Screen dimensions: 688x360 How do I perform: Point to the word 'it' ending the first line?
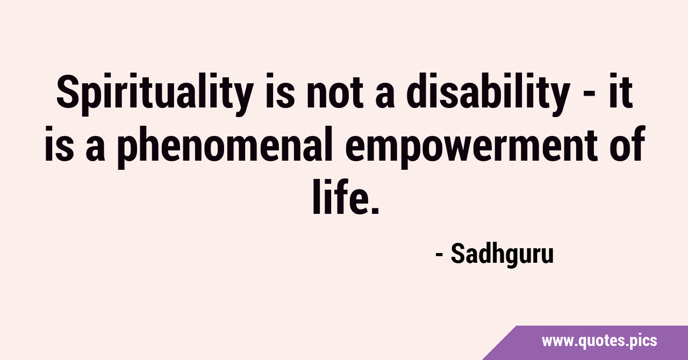pyautogui.click(x=621, y=91)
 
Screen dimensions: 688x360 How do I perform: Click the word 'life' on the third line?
pyautogui.click(x=339, y=196)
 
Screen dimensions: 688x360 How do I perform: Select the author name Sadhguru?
pyautogui.click(x=502, y=254)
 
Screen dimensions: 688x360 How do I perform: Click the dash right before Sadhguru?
pyautogui.click(x=439, y=255)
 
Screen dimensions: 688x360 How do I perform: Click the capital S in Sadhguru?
pyautogui.click(x=457, y=254)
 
